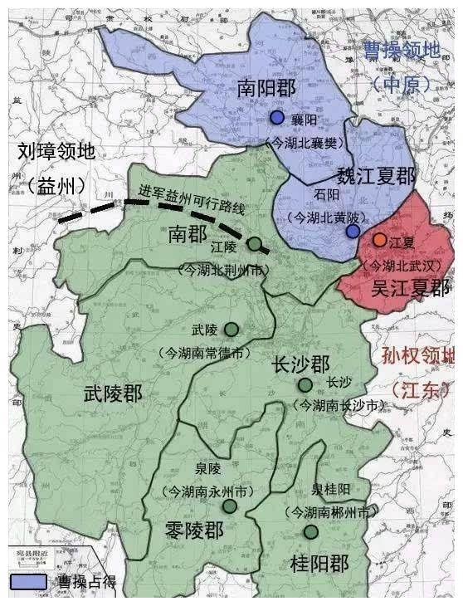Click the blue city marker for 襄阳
click(277, 118)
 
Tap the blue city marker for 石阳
click(353, 232)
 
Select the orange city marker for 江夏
click(379, 240)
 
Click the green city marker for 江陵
click(255, 244)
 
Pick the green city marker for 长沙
click(306, 384)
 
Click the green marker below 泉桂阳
click(310, 531)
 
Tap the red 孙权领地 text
click(419, 358)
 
